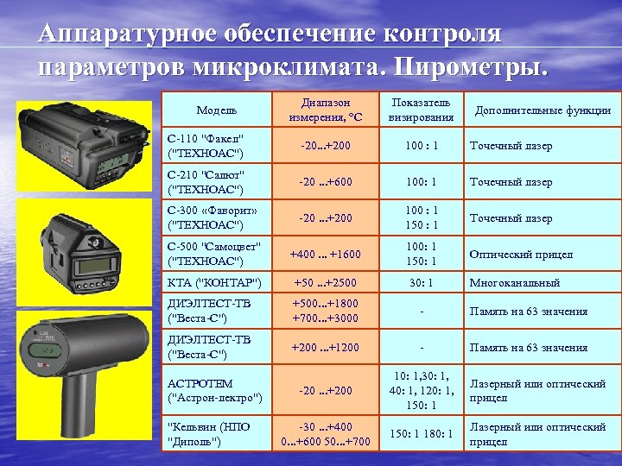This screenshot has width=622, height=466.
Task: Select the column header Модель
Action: [217, 110]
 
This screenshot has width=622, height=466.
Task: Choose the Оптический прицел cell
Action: [520, 255]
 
